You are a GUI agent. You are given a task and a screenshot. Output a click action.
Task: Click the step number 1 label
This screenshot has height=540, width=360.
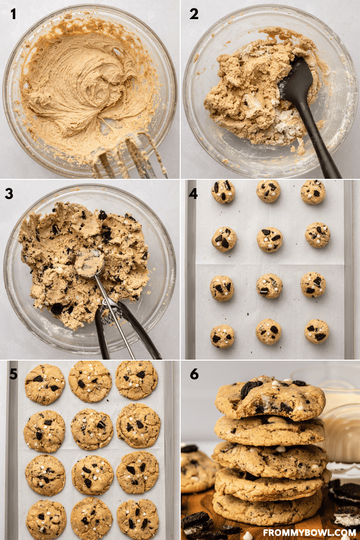tap(13, 14)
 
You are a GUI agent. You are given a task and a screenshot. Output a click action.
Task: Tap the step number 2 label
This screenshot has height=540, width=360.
tap(194, 14)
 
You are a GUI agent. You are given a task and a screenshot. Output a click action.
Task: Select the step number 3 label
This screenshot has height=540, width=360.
tap(9, 194)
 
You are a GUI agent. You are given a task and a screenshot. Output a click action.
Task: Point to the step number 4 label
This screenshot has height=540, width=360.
tap(193, 194)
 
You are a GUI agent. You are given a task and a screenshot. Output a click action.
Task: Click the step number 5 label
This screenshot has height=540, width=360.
tap(13, 374)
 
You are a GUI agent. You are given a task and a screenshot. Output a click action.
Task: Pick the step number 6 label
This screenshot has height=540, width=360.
tap(194, 374)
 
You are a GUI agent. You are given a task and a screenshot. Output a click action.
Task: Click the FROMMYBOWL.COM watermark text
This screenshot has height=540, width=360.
tap(310, 533)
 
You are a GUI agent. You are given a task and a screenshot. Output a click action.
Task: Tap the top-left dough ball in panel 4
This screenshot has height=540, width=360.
tap(223, 192)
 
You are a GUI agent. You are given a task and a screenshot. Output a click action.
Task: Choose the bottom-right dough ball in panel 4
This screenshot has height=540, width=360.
tap(316, 331)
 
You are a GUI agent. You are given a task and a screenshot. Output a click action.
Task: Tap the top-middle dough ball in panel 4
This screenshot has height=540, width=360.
tap(268, 191)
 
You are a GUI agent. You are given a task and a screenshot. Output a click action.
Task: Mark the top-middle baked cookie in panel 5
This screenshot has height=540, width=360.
tap(90, 381)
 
